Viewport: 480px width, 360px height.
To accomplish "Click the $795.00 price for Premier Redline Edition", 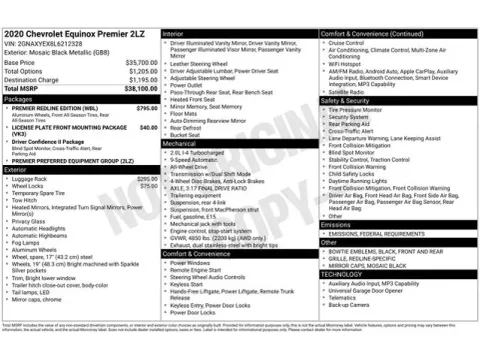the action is [146, 108].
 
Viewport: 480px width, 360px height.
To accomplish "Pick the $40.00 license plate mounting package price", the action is [148, 128].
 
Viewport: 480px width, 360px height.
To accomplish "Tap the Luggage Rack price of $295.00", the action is [147, 178].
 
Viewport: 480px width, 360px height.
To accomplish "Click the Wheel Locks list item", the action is [28, 185].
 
